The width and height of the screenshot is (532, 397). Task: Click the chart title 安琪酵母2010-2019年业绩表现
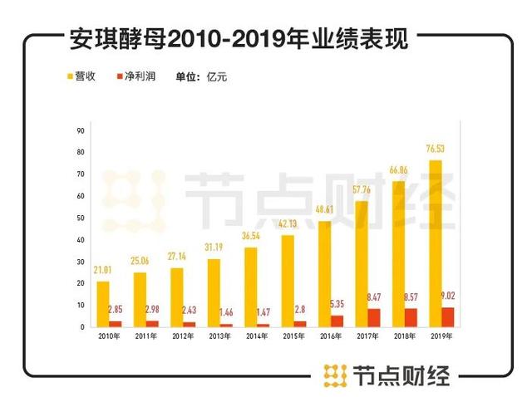tap(236, 40)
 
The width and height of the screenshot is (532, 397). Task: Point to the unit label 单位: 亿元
tap(200, 76)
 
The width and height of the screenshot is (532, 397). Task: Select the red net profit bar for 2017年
tap(373, 317)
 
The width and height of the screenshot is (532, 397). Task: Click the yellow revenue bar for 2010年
tap(103, 304)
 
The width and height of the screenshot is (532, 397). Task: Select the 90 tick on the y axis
tap(81, 130)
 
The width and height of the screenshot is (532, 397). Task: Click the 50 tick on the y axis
tap(81, 218)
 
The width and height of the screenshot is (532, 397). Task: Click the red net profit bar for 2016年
tap(337, 321)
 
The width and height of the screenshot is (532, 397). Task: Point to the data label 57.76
tap(361, 190)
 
